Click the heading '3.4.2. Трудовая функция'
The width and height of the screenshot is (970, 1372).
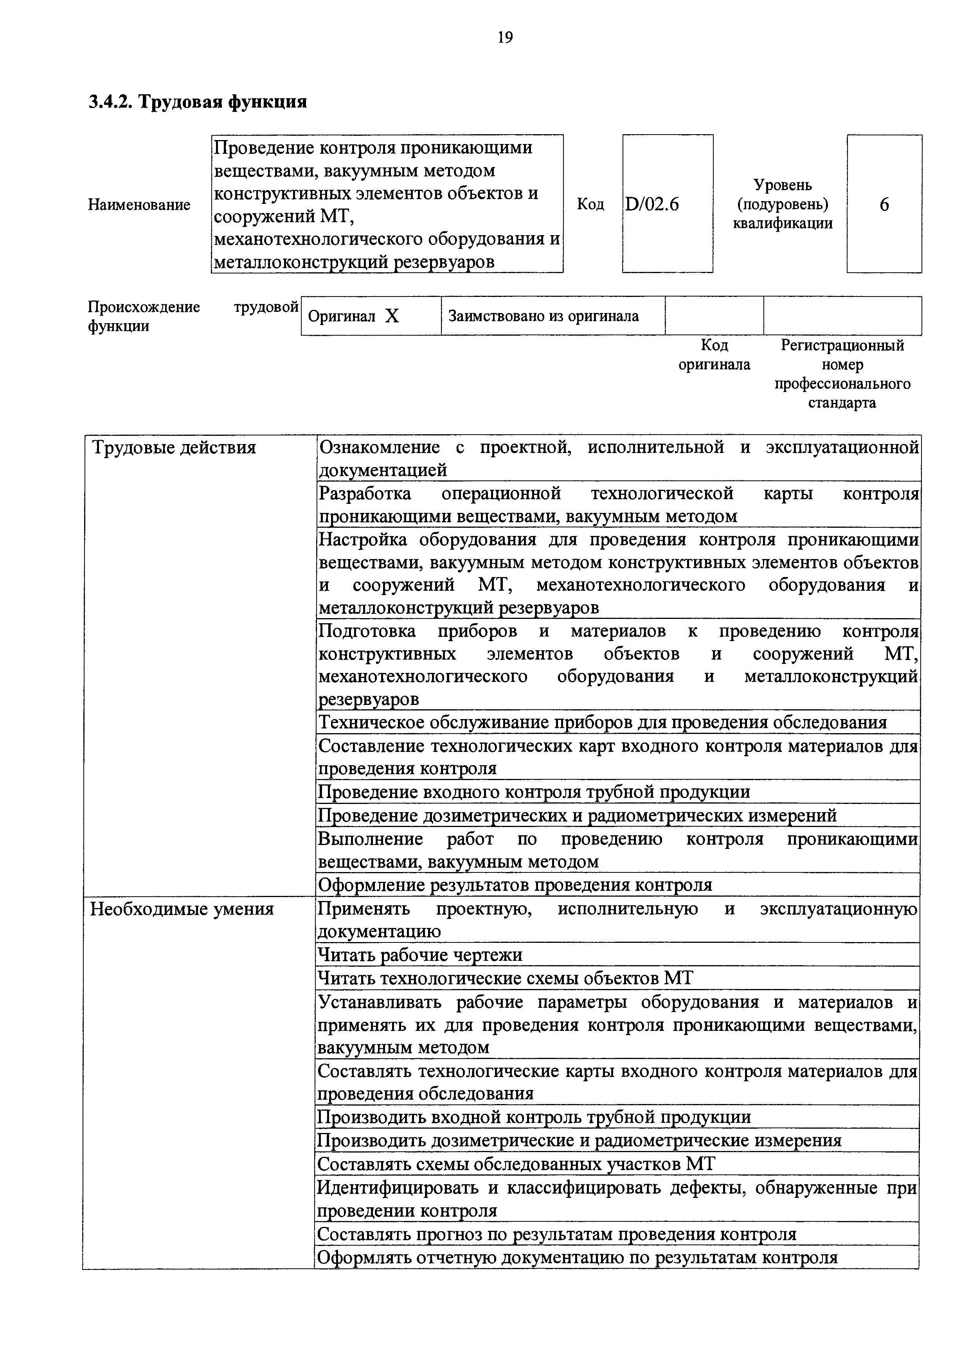point(198,102)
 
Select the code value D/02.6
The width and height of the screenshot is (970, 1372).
point(652,205)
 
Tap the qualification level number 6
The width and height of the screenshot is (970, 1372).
point(884,205)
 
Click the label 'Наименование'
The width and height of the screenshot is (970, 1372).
point(139,205)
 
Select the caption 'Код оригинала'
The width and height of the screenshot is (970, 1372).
point(714,354)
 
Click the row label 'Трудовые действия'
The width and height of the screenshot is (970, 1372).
point(173,448)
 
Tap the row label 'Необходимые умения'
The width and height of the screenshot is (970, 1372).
point(182,909)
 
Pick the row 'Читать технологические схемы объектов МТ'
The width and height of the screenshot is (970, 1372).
point(505,978)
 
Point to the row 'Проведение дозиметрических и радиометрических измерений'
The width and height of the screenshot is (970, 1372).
point(577,816)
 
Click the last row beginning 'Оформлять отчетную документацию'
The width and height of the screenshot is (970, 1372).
point(577,1257)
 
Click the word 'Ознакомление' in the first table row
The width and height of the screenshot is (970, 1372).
point(379,447)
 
